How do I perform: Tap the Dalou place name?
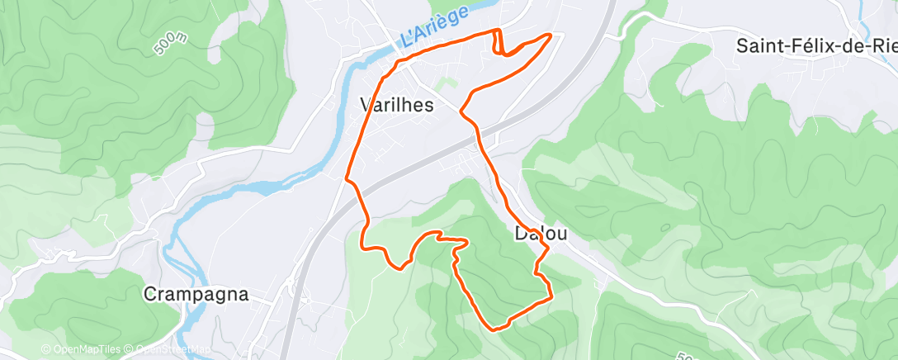tap(540, 234)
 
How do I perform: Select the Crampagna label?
tap(196, 294)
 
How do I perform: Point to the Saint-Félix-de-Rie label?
tap(816, 45)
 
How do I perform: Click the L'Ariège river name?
tap(432, 26)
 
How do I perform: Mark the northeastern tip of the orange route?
tap(551, 35)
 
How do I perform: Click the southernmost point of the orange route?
tap(495, 329)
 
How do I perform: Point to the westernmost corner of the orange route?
tap(346, 176)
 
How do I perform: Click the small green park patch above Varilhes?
tap(447, 83)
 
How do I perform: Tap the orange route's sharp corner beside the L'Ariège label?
tap(499, 31)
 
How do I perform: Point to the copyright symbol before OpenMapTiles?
tap(46, 350)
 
